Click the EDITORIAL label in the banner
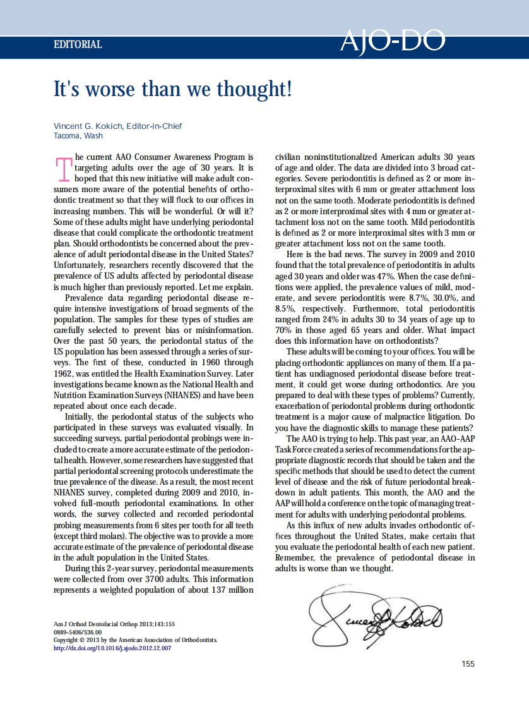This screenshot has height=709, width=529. pyautogui.click(x=78, y=45)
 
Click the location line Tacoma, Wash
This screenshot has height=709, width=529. pyautogui.click(x=78, y=136)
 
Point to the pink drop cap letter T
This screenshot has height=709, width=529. pyautogui.click(x=63, y=169)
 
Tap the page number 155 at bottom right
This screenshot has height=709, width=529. pyautogui.click(x=468, y=664)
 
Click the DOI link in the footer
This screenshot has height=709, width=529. pyautogui.click(x=113, y=648)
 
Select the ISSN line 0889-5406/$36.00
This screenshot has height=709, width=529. pyautogui.click(x=78, y=631)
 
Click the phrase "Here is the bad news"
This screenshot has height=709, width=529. pyautogui.click(x=322, y=255)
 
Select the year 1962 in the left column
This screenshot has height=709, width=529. pyautogui.click(x=64, y=373)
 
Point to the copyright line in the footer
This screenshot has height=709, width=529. pyautogui.click(x=136, y=639)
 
